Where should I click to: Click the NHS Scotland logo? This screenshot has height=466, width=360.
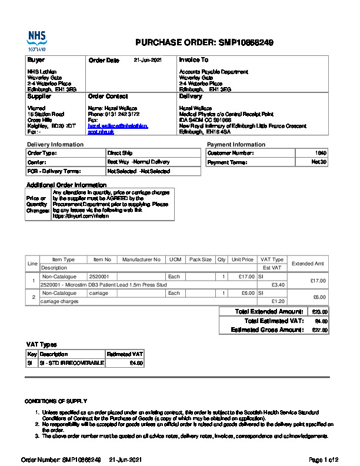36,41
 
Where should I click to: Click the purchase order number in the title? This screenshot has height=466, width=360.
246,42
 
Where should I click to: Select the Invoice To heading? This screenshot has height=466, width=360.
194,60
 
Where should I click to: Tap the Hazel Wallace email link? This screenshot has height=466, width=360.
118,129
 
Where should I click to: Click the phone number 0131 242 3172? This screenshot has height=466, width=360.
120,114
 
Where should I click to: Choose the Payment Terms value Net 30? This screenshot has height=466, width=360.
319,162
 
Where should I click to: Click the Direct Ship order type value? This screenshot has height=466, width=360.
120,153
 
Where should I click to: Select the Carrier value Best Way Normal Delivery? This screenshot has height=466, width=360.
138,162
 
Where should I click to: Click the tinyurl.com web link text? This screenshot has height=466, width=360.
73,216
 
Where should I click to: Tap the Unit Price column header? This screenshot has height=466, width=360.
242,259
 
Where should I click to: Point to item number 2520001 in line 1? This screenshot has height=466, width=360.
99,276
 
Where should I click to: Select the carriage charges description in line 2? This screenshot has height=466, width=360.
59,301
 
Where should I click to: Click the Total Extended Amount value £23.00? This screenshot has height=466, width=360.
320,312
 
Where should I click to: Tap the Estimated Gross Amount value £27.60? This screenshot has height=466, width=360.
320,330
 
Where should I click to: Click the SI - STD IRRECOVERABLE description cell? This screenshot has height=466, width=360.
72,363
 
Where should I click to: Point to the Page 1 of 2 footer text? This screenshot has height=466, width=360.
324,459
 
